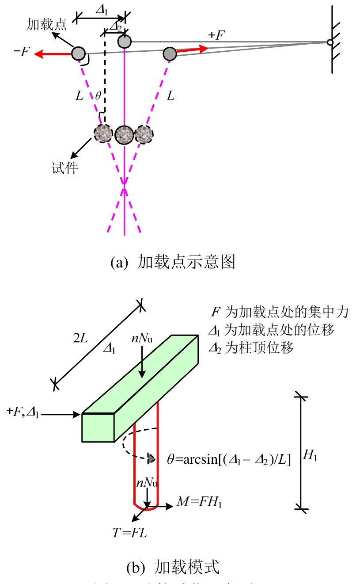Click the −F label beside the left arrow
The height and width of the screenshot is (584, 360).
pyautogui.click(x=22, y=52)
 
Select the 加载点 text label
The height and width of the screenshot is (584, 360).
pyautogui.click(x=46, y=24)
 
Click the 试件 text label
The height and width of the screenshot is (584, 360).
pyautogui.click(x=64, y=168)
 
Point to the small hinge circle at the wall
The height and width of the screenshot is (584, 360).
pyautogui.click(x=330, y=42)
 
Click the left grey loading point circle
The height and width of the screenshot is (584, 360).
pyautogui.click(x=78, y=53)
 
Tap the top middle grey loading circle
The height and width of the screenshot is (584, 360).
pyautogui.click(x=125, y=42)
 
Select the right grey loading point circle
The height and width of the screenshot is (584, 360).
pyautogui.click(x=170, y=53)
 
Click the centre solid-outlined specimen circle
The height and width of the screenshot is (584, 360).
pyautogui.click(x=124, y=134)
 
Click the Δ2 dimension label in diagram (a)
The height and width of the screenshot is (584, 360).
pyautogui.click(x=115, y=27)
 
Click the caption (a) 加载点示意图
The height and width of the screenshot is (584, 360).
pyautogui.click(x=173, y=262)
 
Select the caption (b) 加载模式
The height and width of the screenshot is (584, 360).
pyautogui.click(x=173, y=567)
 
